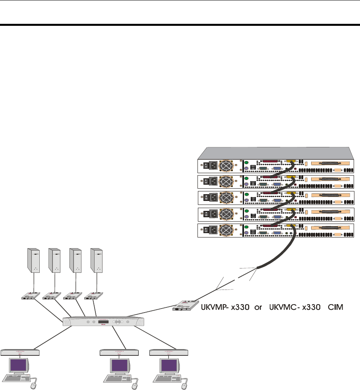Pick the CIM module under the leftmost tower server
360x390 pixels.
coord(31,296)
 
